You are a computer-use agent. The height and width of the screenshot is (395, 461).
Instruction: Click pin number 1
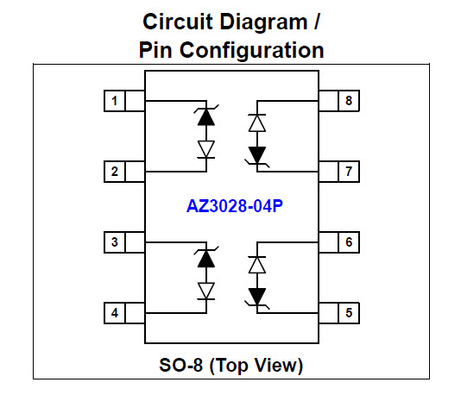(x=114, y=101)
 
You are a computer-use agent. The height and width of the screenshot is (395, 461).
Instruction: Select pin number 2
(x=114, y=172)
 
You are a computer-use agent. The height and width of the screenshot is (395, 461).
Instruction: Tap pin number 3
(x=114, y=242)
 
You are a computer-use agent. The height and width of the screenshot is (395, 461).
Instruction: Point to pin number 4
(x=114, y=313)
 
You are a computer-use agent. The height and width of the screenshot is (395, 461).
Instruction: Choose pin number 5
(x=349, y=313)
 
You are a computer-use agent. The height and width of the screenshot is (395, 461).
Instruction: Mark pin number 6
(x=349, y=242)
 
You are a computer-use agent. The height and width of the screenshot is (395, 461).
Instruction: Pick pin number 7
(x=349, y=172)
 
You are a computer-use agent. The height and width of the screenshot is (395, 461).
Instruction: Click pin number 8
(x=349, y=101)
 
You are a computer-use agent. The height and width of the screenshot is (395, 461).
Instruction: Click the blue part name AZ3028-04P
(x=235, y=206)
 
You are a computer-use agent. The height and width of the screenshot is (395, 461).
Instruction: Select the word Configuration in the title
(x=252, y=51)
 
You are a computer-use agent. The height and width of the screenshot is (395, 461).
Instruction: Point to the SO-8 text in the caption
(x=180, y=365)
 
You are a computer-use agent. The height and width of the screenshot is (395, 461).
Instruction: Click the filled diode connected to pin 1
(x=206, y=117)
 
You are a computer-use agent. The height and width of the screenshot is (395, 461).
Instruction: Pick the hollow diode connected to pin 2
(x=206, y=149)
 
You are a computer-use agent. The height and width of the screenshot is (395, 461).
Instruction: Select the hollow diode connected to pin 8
(x=257, y=122)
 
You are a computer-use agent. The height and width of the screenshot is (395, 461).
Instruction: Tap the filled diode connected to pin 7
(x=257, y=156)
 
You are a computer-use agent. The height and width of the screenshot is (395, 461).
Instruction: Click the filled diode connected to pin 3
(x=206, y=259)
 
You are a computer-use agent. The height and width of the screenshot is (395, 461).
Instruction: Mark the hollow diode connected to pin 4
(x=206, y=291)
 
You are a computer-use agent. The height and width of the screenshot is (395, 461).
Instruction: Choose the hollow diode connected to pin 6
(x=257, y=265)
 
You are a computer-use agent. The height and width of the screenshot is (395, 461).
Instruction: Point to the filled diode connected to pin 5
(x=257, y=298)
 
